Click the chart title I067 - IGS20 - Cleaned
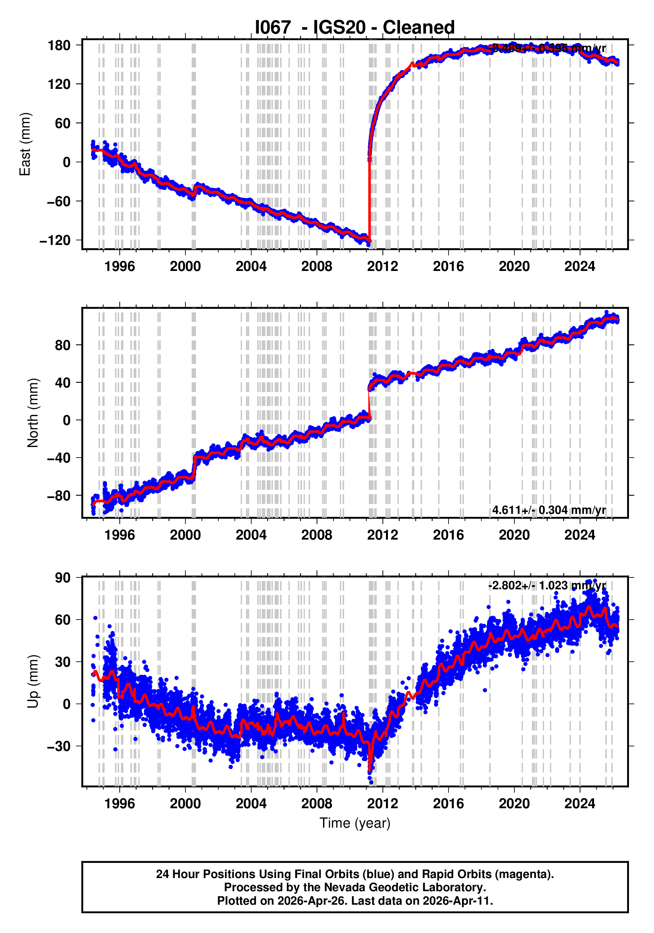[x=354, y=28]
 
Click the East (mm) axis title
[x=25, y=144]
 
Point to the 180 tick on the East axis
[x=59, y=45]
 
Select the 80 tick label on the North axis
[x=63, y=345]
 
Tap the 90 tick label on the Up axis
[x=63, y=577]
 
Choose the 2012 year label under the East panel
[x=382, y=267]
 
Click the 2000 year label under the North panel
[x=185, y=535]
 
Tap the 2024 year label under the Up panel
[x=579, y=804]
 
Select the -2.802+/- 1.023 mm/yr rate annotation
[x=547, y=586]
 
